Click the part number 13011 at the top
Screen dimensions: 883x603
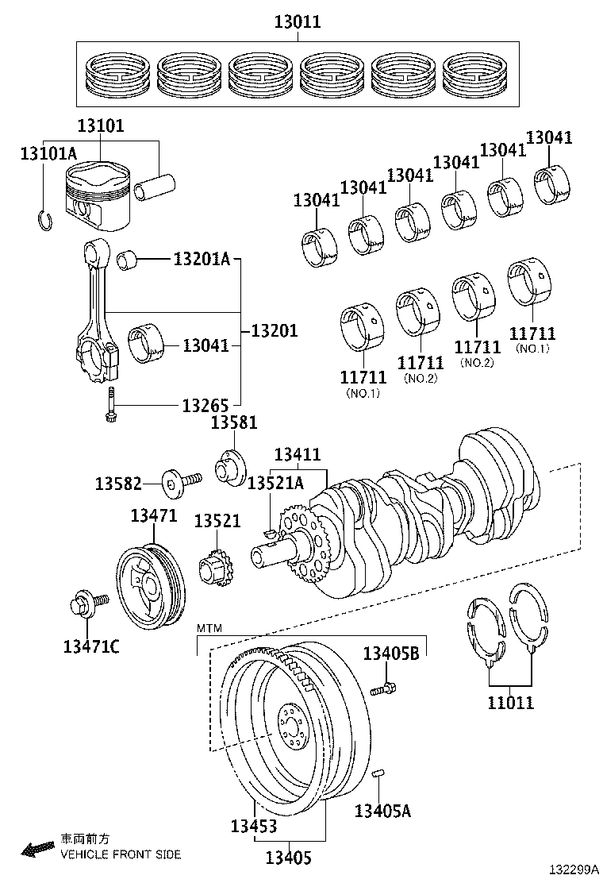coord(298,22)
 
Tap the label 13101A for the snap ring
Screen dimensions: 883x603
coord(48,153)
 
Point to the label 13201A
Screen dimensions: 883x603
coord(202,259)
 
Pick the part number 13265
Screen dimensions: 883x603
coord(205,405)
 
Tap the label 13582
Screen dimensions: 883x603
coord(118,483)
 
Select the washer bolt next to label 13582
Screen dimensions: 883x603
coord(180,481)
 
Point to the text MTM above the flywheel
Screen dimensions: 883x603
coord(210,628)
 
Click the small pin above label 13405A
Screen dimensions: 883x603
coord(379,771)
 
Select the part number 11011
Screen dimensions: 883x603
coord(510,702)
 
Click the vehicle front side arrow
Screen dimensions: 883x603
coord(37,849)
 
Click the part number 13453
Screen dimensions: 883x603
coord(254,826)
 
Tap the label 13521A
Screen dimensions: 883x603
coord(275,483)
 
